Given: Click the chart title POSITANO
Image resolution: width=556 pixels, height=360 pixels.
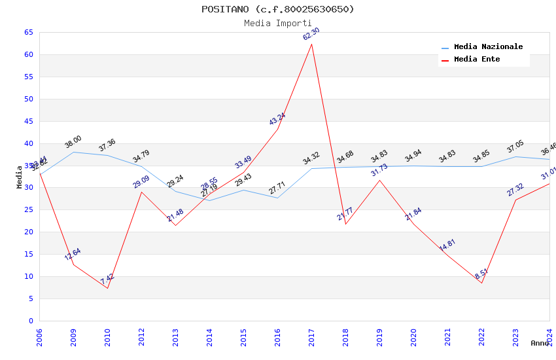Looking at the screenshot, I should pyautogui.click(x=277, y=9).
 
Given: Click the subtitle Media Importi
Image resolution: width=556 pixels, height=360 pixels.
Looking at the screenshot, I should pyautogui.click(x=277, y=23).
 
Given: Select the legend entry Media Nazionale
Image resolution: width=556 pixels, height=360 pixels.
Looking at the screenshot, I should pyautogui.click(x=488, y=47).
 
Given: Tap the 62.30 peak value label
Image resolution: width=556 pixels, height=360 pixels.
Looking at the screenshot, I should pyautogui.click(x=311, y=35).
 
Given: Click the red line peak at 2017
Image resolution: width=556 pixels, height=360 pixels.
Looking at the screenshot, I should pyautogui.click(x=312, y=44).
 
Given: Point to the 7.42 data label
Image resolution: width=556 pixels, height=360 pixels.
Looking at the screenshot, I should pyautogui.click(x=107, y=279).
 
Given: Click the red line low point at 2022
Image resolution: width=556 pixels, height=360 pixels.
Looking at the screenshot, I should pyautogui.click(x=481, y=283).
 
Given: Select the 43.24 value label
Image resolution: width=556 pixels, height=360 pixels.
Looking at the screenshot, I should pyautogui.click(x=277, y=119).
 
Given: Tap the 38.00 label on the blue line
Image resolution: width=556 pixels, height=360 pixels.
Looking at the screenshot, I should pyautogui.click(x=73, y=142).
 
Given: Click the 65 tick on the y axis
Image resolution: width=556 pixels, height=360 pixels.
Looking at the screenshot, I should pyautogui.click(x=28, y=32).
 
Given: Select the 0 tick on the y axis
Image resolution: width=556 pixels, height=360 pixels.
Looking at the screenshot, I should pyautogui.click(x=31, y=321).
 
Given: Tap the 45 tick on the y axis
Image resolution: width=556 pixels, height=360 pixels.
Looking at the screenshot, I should pyautogui.click(x=28, y=121).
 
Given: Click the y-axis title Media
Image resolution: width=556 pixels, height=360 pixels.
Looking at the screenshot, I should pyautogui.click(x=20, y=177).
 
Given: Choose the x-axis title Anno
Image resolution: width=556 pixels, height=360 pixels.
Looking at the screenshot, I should pyautogui.click(x=540, y=343).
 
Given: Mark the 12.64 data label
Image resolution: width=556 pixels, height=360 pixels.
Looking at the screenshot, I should pyautogui.click(x=73, y=255).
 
